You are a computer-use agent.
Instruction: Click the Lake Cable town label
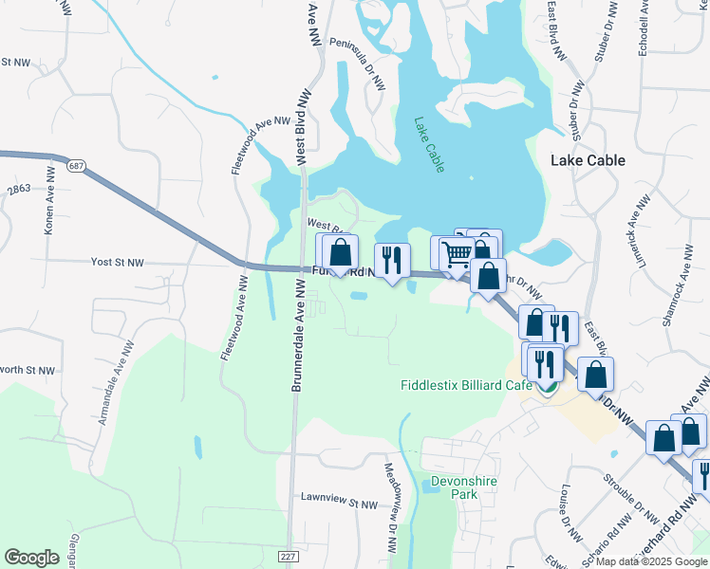click(588, 160)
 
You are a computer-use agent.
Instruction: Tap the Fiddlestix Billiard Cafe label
click(464, 386)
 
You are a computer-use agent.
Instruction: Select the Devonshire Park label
click(464, 487)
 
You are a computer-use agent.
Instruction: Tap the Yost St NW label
click(117, 262)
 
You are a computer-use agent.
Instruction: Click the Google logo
click(31, 558)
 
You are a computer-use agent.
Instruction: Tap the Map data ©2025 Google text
click(652, 561)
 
